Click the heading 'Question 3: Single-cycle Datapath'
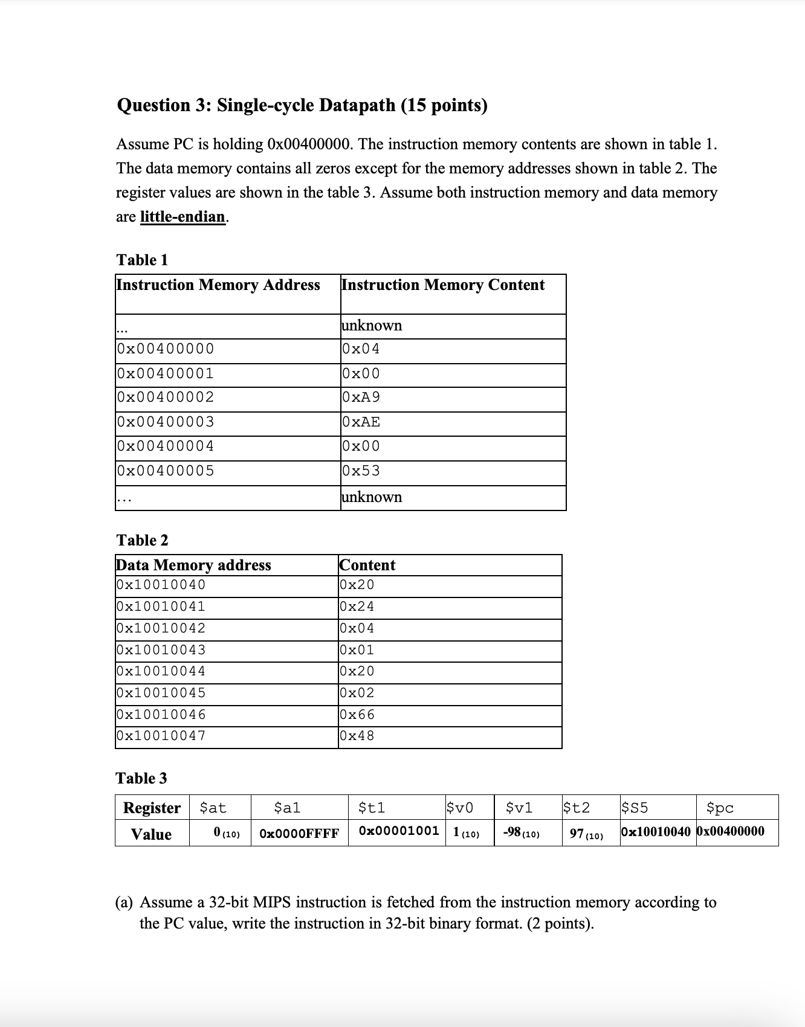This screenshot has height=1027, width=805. tap(302, 105)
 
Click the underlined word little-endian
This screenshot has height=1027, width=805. tap(183, 217)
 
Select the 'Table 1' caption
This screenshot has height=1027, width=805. tap(142, 260)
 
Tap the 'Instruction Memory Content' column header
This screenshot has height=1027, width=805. tap(442, 285)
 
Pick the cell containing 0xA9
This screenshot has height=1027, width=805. tap(361, 398)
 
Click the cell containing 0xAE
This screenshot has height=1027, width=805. tap(361, 422)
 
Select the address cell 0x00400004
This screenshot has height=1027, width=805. tap(165, 446)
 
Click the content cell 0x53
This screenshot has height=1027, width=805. tap(361, 471)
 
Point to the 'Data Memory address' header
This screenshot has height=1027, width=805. tap(193, 565)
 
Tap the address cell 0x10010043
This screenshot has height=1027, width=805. tap(161, 650)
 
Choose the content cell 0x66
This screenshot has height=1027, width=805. tap(357, 715)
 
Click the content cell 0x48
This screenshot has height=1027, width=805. tap(357, 736)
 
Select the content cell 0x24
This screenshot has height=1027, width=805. tap(357, 607)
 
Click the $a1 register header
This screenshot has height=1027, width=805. tap(287, 808)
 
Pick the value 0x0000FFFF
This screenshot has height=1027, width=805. tap(299, 834)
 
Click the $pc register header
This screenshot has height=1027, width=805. tap(720, 808)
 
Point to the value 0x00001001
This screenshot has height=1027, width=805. tap(399, 831)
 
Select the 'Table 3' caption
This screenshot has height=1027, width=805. tap(141, 778)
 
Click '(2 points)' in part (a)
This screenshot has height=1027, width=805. tap(560, 924)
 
